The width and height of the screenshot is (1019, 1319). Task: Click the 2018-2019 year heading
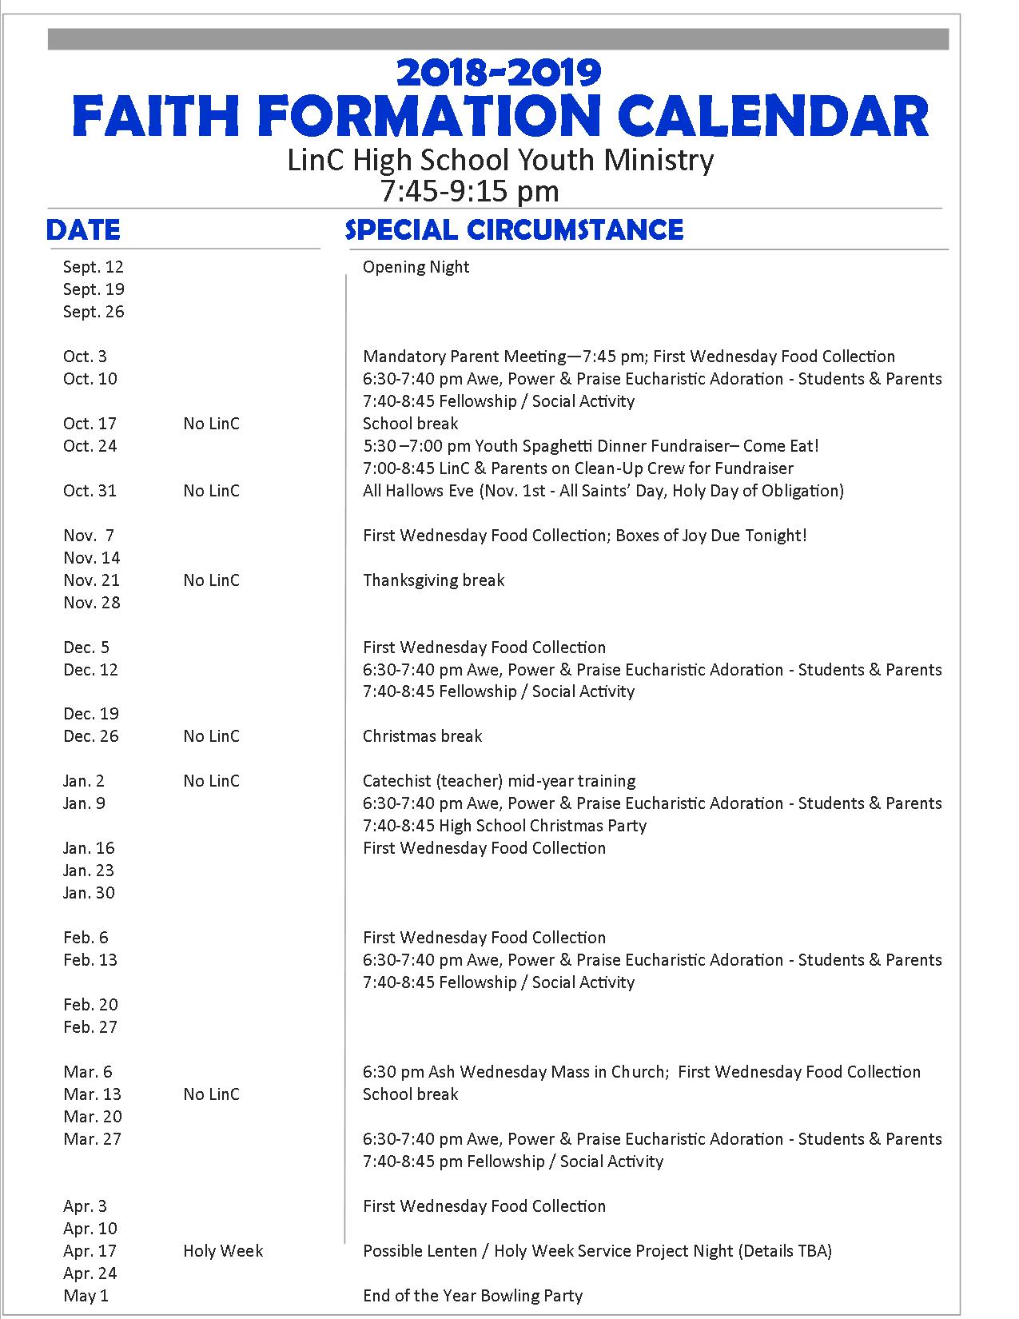click(499, 73)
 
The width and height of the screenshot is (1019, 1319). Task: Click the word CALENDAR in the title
click(773, 116)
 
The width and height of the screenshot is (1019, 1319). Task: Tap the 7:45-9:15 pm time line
click(469, 192)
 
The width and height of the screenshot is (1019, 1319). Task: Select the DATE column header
click(83, 230)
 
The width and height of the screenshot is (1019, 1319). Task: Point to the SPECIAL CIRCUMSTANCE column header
click(514, 230)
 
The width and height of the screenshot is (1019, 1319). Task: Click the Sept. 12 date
click(94, 267)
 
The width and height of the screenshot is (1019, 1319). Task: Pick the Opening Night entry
click(416, 267)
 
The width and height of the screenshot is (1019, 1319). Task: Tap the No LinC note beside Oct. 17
click(211, 424)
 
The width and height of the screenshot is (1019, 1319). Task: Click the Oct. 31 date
click(90, 491)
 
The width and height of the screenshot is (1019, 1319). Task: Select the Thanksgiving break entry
click(433, 580)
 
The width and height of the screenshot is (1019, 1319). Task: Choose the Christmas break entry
click(422, 736)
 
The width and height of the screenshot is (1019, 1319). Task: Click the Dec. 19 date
click(91, 714)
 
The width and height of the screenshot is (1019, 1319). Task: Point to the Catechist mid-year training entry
click(499, 781)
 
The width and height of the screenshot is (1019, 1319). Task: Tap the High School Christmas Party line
click(504, 826)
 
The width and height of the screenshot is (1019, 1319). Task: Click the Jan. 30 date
click(89, 893)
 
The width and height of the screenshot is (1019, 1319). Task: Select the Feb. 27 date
click(90, 1027)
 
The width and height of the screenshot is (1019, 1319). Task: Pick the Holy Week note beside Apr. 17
click(223, 1251)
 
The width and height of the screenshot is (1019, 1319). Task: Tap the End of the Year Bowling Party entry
click(472, 1296)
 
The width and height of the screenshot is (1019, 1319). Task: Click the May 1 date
click(86, 1296)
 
